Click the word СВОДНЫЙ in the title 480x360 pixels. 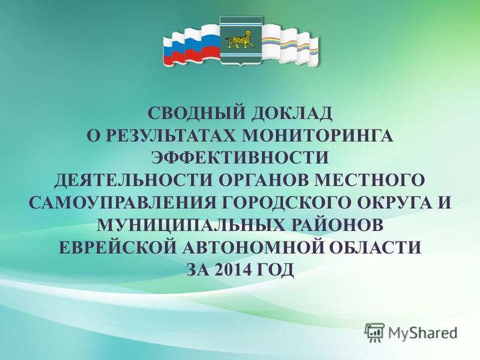click(196, 113)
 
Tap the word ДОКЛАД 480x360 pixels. click(292, 113)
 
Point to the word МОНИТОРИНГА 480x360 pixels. click(318, 136)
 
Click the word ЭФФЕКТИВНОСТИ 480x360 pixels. click(241, 158)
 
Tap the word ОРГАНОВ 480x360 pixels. click(264, 180)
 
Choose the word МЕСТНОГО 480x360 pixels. click(370, 180)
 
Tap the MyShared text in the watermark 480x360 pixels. click(423, 333)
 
